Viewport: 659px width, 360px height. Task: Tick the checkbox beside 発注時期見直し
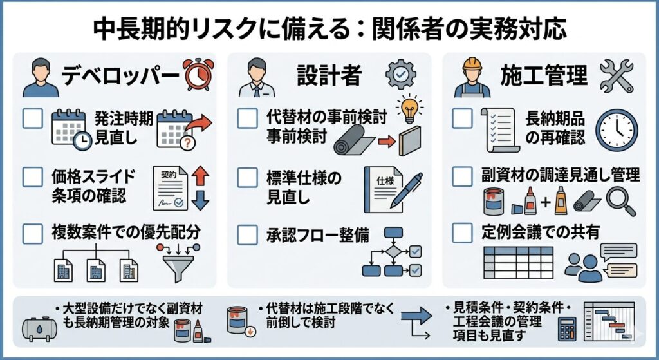pos(32,118)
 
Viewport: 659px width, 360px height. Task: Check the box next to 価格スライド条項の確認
pos(32,176)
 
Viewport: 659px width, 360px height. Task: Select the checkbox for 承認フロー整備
pos(247,236)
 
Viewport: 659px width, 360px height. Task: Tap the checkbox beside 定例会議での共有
pos(462,232)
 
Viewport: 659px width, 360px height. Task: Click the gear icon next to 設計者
pos(400,75)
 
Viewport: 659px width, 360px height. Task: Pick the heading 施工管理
pos(544,76)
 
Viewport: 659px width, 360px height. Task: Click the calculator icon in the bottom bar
pos(566,330)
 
